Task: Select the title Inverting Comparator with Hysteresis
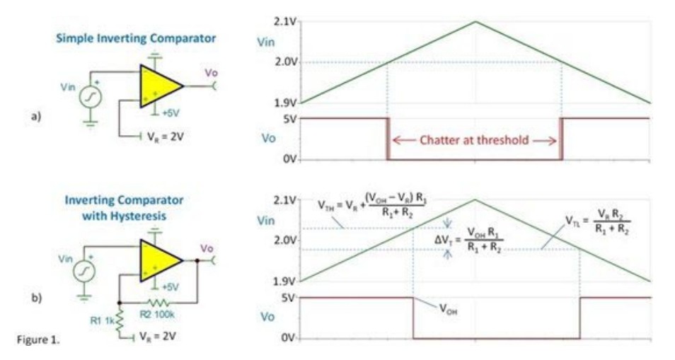tap(124, 207)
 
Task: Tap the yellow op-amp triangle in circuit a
tap(158, 86)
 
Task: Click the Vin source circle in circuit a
tap(90, 99)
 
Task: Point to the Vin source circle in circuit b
tap(84, 272)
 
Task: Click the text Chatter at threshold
tap(473, 139)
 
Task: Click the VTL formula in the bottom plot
tap(599, 224)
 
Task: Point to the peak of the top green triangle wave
tap(475, 21)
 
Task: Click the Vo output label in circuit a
tap(211, 72)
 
